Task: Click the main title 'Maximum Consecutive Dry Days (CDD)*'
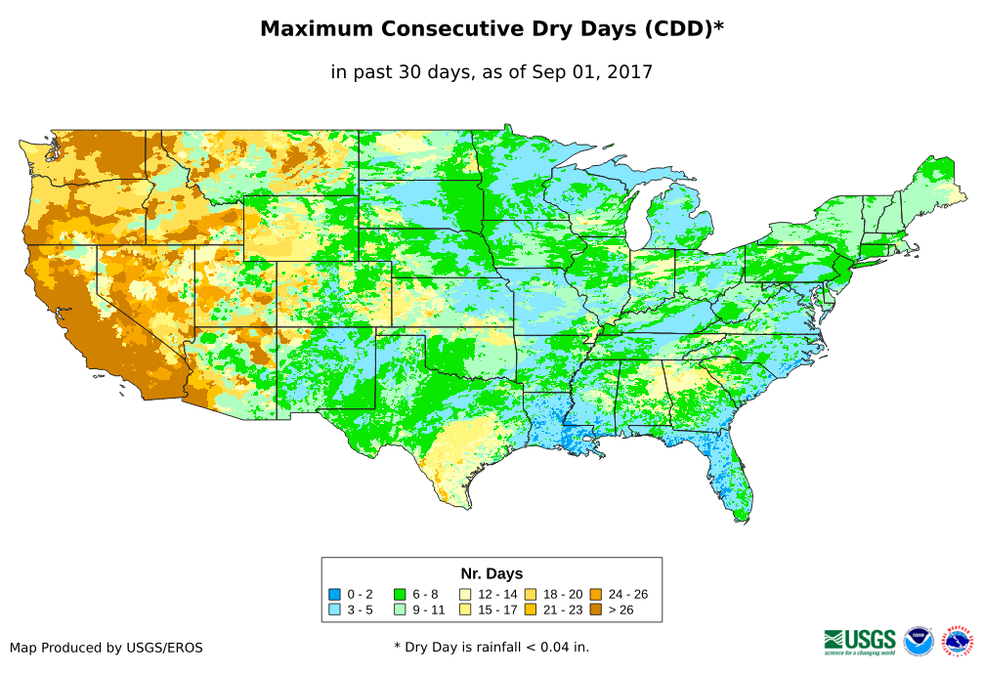[492, 29]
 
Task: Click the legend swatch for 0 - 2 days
[334, 594]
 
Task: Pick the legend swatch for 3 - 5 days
[334, 610]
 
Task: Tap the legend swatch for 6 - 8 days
[400, 594]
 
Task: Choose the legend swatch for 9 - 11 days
[400, 610]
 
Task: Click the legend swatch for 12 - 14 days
[464, 594]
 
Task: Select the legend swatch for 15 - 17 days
[464, 610]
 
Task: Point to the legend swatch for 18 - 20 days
[530, 594]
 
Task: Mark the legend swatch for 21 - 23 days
[530, 610]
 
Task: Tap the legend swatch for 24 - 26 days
[595, 594]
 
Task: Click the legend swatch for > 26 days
[595, 610]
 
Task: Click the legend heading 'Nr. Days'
[492, 573]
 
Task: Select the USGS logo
[860, 641]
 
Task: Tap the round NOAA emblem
[919, 641]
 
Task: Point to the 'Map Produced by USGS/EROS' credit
[107, 648]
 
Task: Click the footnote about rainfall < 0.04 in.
[492, 647]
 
